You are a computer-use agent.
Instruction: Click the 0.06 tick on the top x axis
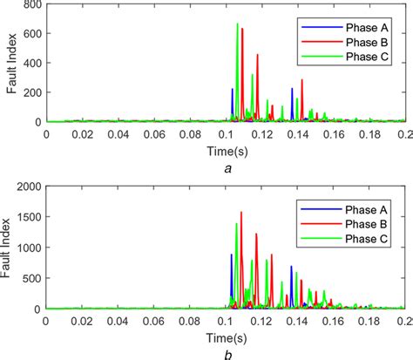(153, 135)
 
